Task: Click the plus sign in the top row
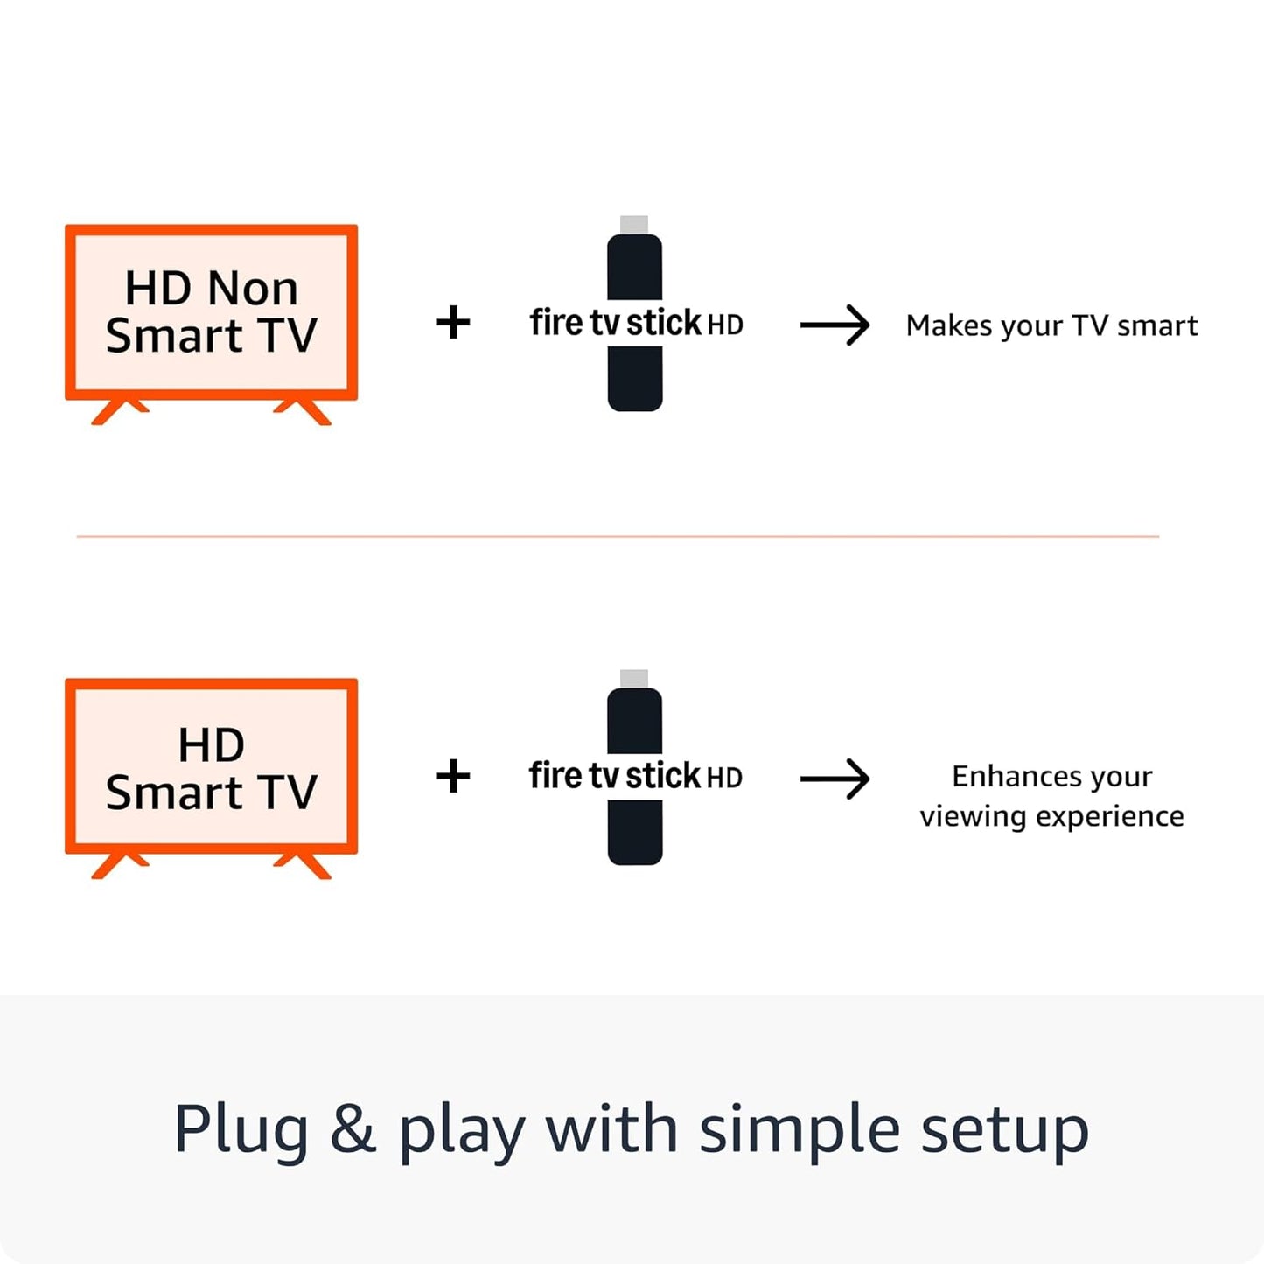pyautogui.click(x=453, y=323)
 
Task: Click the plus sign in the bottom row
pyautogui.click(x=453, y=776)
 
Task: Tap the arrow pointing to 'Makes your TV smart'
pyautogui.click(x=835, y=325)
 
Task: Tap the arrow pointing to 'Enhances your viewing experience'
pyautogui.click(x=835, y=779)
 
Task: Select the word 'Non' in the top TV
pyautogui.click(x=253, y=288)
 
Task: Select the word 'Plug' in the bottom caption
pyautogui.click(x=241, y=1130)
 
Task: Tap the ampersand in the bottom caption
pyautogui.click(x=353, y=1129)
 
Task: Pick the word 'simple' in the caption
pyautogui.click(x=799, y=1130)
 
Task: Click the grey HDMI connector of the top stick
pyautogui.click(x=634, y=225)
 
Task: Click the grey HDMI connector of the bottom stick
pyautogui.click(x=634, y=679)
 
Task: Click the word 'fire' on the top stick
pyautogui.click(x=556, y=323)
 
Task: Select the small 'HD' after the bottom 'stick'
pyautogui.click(x=724, y=778)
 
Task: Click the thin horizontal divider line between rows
pyautogui.click(x=618, y=536)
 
